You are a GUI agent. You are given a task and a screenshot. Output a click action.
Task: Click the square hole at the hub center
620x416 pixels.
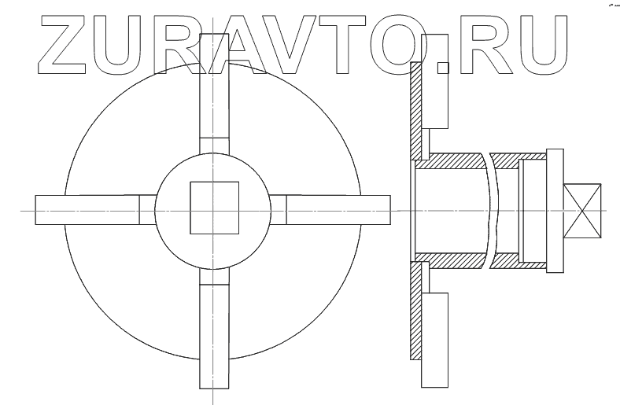[x=215, y=208]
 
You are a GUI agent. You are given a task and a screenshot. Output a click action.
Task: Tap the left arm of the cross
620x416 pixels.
[x=87, y=209]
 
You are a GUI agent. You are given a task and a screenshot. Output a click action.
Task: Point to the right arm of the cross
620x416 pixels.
[x=338, y=209]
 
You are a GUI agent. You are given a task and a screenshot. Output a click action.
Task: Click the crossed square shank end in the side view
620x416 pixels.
[x=583, y=210]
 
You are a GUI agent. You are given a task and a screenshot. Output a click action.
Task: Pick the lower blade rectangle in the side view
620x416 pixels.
[x=435, y=338]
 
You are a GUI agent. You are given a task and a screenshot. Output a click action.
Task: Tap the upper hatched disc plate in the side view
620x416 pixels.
[x=416, y=110]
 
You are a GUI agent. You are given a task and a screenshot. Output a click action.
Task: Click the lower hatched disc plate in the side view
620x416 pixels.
[x=416, y=315]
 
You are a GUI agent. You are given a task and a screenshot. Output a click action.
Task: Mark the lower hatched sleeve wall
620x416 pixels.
[x=452, y=260]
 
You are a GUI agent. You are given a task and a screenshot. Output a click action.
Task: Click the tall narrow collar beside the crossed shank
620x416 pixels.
[x=555, y=210]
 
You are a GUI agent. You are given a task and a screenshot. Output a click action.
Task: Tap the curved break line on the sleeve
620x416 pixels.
[x=493, y=210]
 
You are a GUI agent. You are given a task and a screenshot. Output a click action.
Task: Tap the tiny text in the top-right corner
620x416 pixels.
[x=611, y=4]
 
